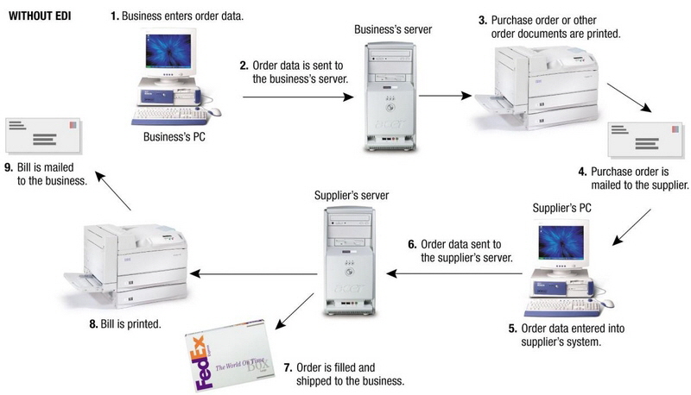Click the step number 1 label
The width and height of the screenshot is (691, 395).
[115, 16]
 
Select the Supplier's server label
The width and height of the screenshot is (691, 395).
[351, 196]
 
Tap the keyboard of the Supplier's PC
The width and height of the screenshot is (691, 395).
[561, 304]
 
